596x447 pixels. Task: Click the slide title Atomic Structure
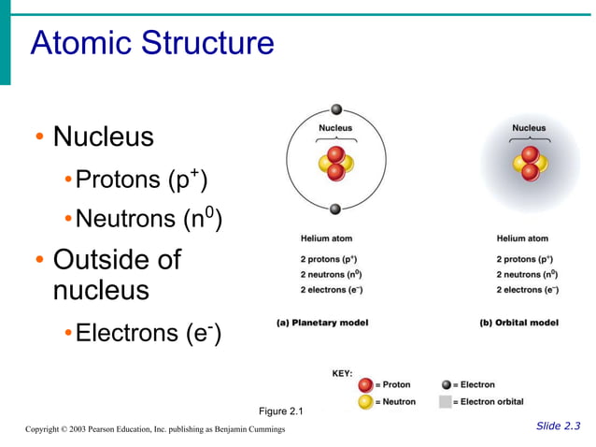[x=152, y=43]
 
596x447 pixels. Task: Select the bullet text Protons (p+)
[x=140, y=179]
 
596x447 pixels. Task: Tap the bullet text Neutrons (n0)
[x=148, y=219]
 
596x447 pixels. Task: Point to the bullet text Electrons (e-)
[x=147, y=332]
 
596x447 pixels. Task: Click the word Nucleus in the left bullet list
[x=103, y=137]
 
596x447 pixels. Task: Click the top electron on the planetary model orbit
[x=336, y=109]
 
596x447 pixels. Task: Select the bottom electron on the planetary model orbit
[x=336, y=208]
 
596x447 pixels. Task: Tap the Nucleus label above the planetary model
[x=336, y=127]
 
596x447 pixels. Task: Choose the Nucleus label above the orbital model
[x=530, y=127]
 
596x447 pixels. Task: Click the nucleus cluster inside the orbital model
[x=530, y=163]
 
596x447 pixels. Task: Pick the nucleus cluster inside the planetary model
[x=336, y=163]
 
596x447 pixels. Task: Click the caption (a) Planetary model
[x=322, y=323]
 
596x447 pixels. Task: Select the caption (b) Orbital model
[x=518, y=323]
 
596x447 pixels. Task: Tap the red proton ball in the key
[x=365, y=384]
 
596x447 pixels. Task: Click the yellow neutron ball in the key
[x=365, y=401]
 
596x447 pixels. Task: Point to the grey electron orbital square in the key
[x=446, y=401]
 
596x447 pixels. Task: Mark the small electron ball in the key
[x=446, y=384]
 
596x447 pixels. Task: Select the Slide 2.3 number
[x=558, y=426]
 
